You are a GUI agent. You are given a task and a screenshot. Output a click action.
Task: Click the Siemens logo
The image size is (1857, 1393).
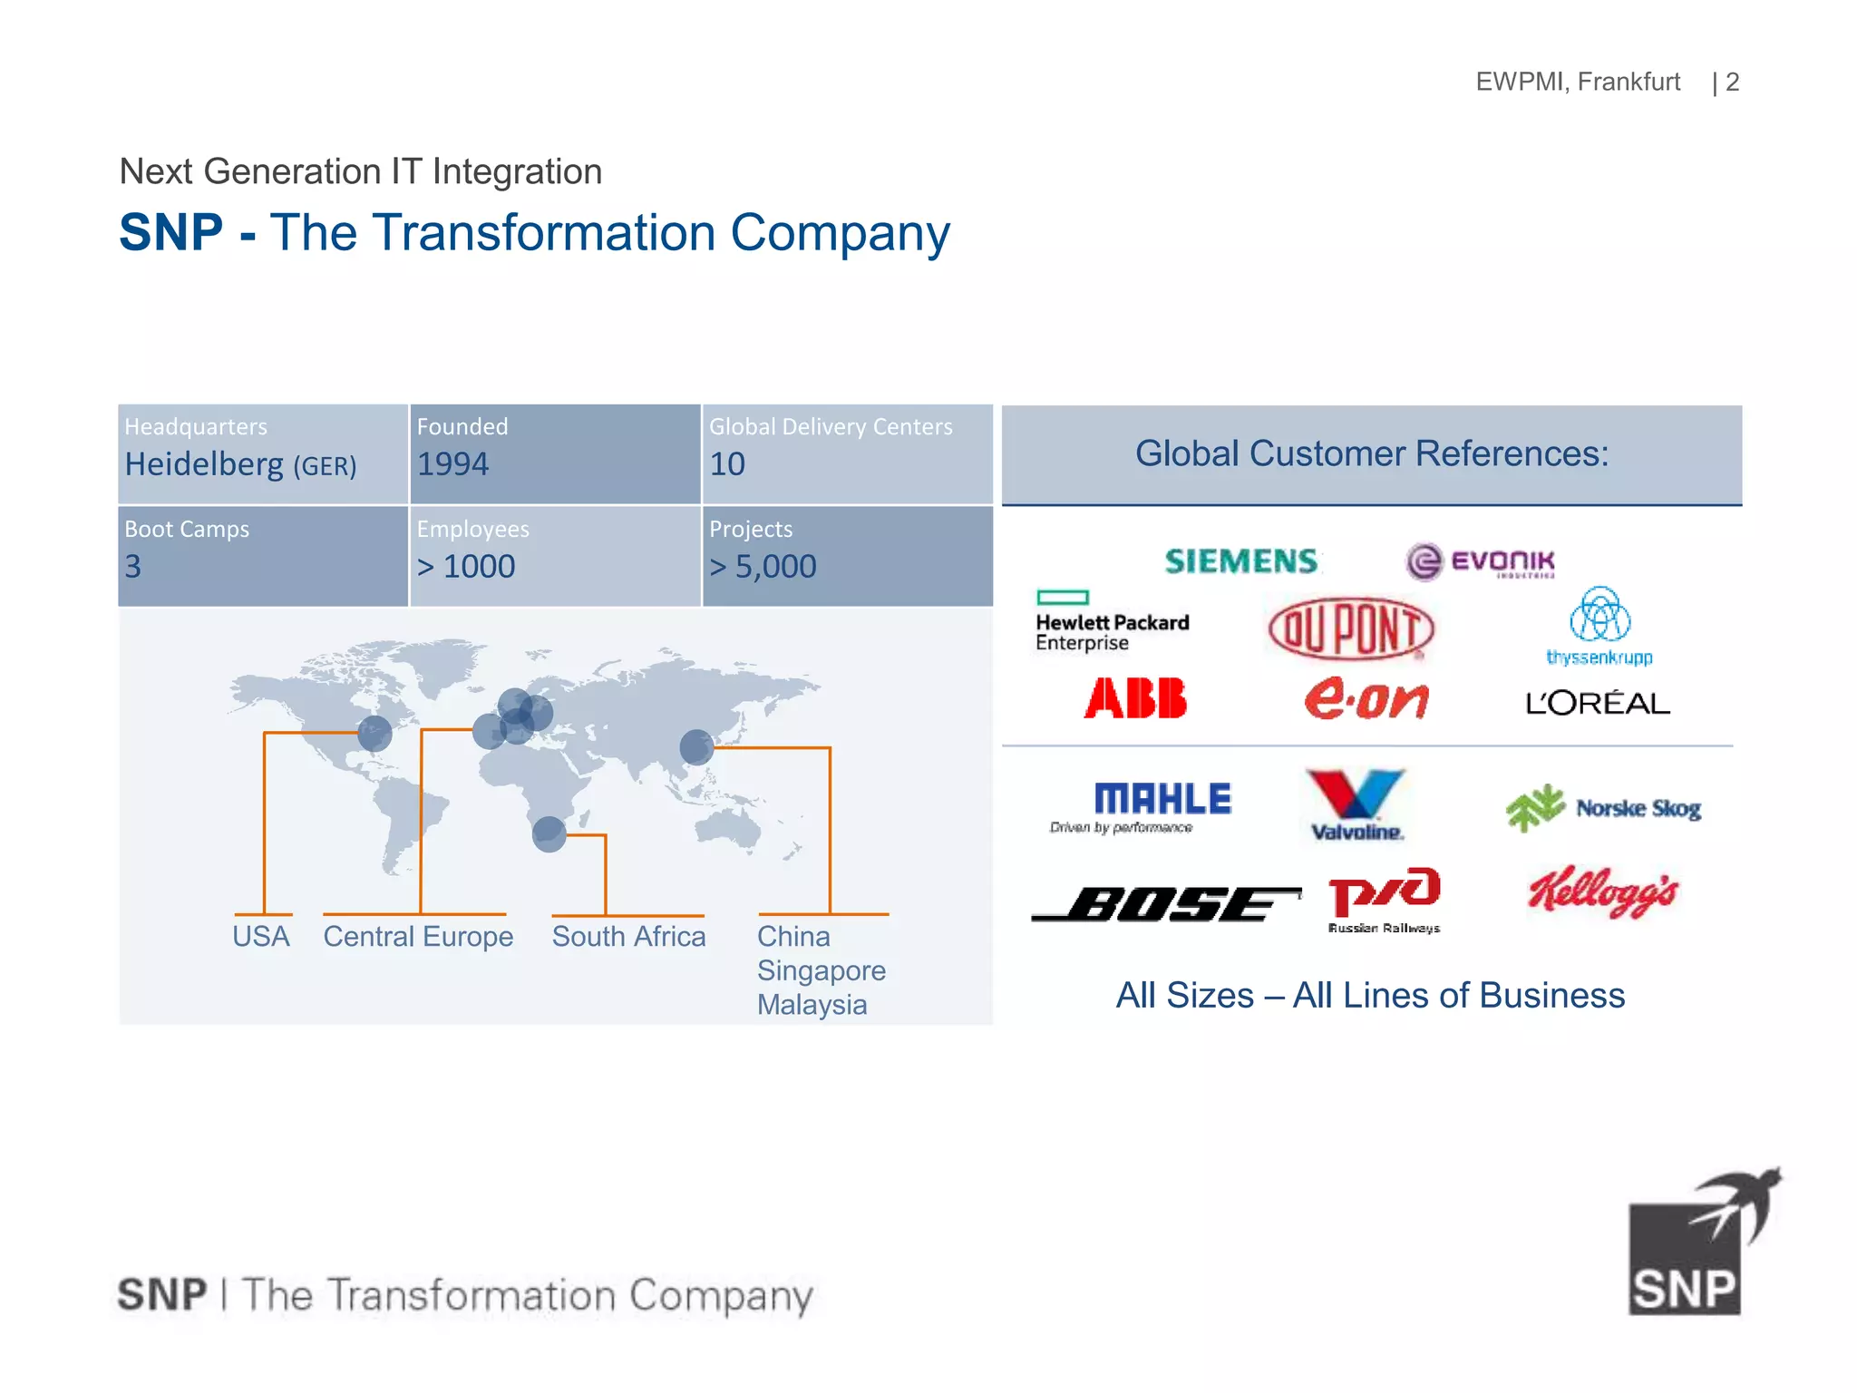[x=1240, y=561]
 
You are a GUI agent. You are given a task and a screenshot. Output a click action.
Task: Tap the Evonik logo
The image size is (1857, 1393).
[x=1480, y=561]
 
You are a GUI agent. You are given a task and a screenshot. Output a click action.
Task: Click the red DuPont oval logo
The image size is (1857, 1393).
[x=1350, y=628]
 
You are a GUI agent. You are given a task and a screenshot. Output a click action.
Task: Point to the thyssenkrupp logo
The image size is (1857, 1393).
[x=1599, y=626]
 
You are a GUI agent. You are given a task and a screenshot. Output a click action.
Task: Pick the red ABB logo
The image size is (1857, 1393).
[x=1135, y=698]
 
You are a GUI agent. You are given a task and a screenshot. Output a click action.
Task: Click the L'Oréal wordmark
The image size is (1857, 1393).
[x=1597, y=704]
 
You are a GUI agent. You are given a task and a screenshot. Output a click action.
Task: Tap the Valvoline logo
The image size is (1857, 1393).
[x=1356, y=804]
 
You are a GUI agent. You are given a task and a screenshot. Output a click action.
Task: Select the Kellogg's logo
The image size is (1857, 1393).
[x=1602, y=891]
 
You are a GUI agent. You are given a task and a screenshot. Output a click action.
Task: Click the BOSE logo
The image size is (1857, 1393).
[x=1166, y=903]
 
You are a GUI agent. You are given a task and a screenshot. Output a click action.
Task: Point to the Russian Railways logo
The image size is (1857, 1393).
[x=1384, y=899]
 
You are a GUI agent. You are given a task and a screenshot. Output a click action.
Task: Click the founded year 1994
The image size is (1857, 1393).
[x=452, y=464]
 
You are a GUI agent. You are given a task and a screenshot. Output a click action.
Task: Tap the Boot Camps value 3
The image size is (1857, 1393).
[x=133, y=567]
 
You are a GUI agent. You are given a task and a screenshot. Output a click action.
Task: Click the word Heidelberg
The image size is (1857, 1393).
[x=204, y=464]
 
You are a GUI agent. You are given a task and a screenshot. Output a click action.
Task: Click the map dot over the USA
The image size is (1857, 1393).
[x=374, y=733]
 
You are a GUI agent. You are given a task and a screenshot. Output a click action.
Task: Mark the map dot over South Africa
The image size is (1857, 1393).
[x=549, y=833]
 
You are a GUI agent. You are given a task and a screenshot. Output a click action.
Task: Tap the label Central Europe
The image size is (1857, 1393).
[x=418, y=936]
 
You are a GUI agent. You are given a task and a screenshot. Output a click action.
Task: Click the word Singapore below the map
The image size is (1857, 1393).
[x=821, y=970]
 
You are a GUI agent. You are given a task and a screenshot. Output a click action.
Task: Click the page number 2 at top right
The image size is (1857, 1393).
[x=1732, y=82]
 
